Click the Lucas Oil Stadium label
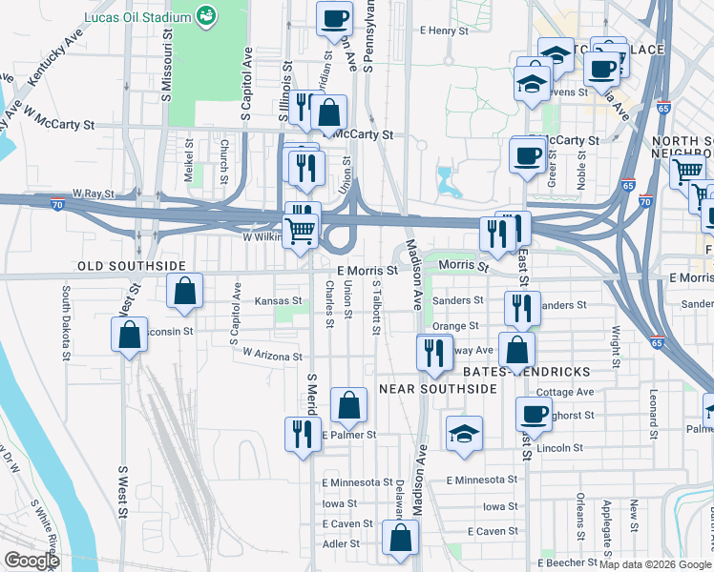coord(137,17)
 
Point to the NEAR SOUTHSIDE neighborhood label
coord(438,389)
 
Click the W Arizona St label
coord(272,354)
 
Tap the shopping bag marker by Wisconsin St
coord(129,335)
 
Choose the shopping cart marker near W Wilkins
coord(302,230)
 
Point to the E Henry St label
coord(445,31)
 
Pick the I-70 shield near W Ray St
coord(57,203)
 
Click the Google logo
coord(31,561)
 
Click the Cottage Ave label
coord(565,392)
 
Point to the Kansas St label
coord(278,300)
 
